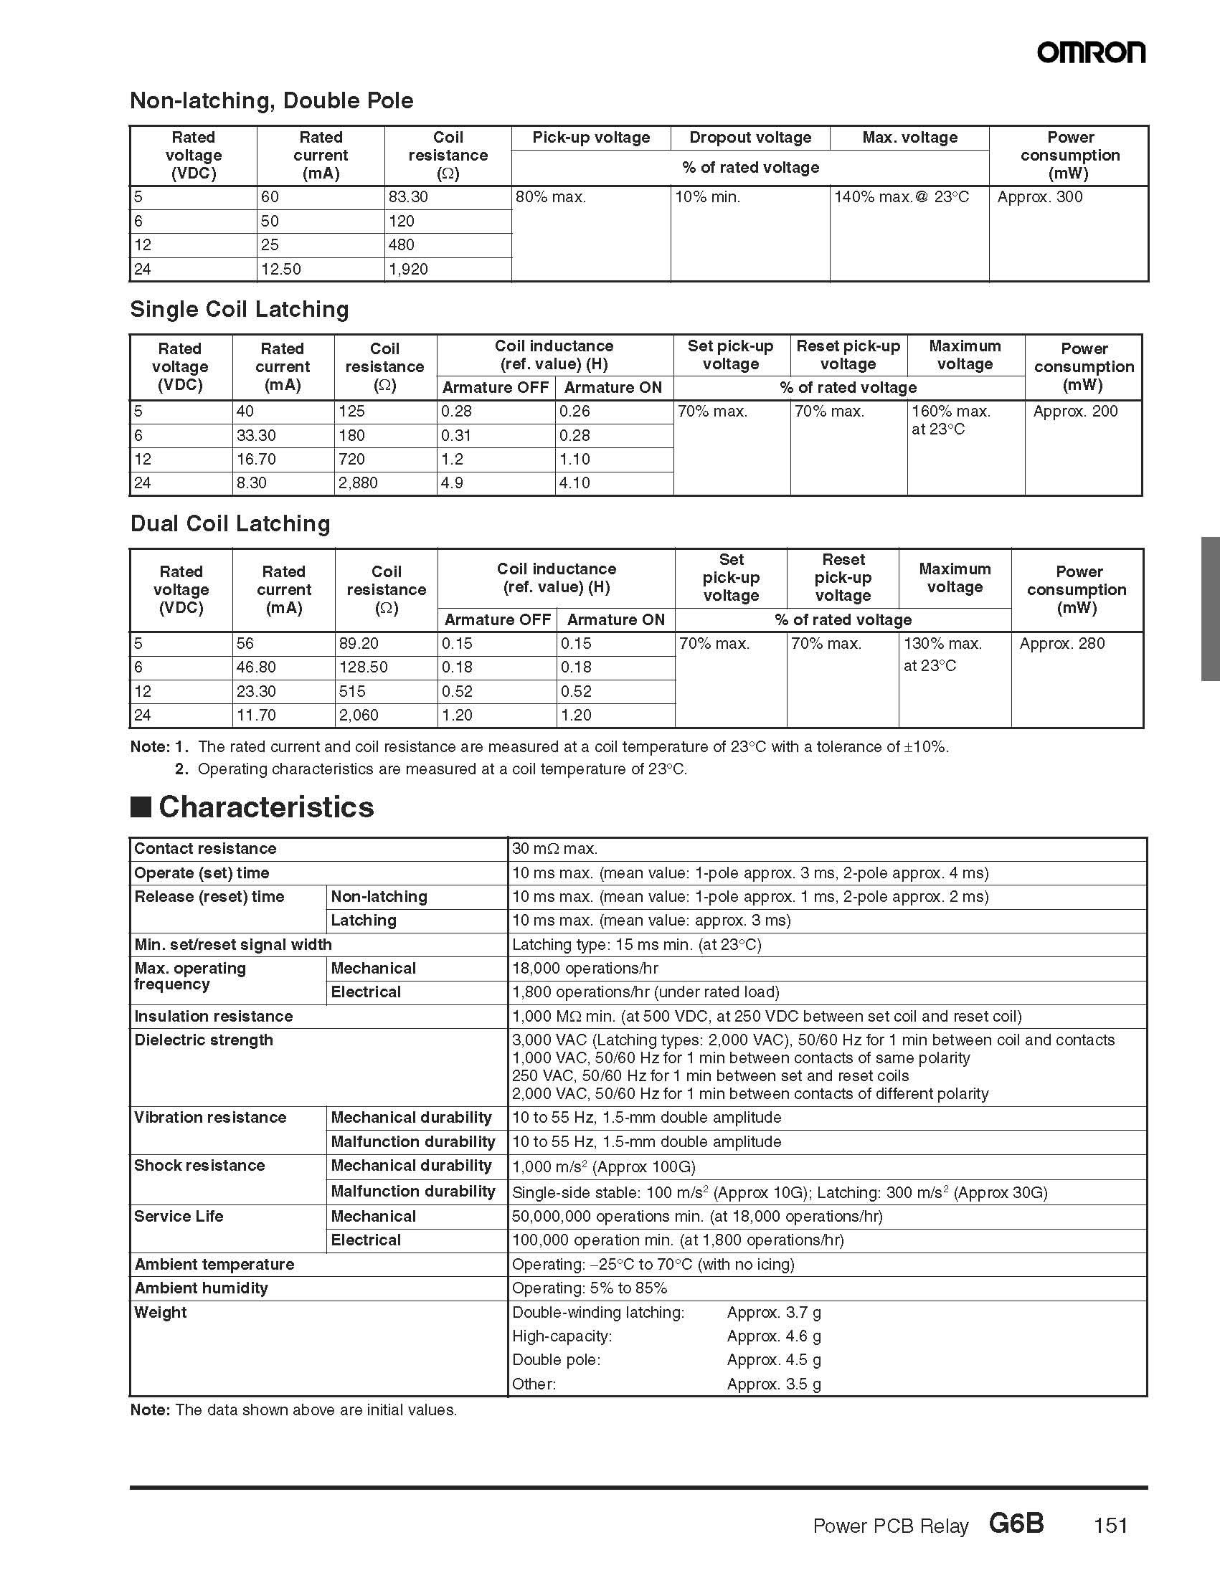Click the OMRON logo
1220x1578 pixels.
click(x=1091, y=52)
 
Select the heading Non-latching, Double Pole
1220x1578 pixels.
click(x=271, y=100)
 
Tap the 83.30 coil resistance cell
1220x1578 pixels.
click(x=408, y=197)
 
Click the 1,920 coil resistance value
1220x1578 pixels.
click(x=408, y=270)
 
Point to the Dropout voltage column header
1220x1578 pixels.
click(x=750, y=137)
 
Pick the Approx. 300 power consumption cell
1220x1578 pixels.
click(x=1039, y=197)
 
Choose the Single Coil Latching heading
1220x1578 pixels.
click(x=240, y=309)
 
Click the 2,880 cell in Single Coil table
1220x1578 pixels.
click(x=359, y=483)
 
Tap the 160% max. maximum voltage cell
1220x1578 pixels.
click(x=950, y=412)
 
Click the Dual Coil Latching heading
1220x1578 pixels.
click(x=230, y=524)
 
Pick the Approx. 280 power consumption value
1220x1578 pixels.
click(x=1061, y=644)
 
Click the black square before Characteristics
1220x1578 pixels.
click(x=140, y=807)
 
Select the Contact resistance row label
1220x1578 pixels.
click(x=205, y=849)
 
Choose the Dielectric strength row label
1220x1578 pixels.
click(x=204, y=1040)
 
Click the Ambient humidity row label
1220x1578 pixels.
click(x=201, y=1288)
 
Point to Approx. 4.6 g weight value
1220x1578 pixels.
click(x=773, y=1336)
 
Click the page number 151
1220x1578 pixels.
click(x=1110, y=1525)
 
